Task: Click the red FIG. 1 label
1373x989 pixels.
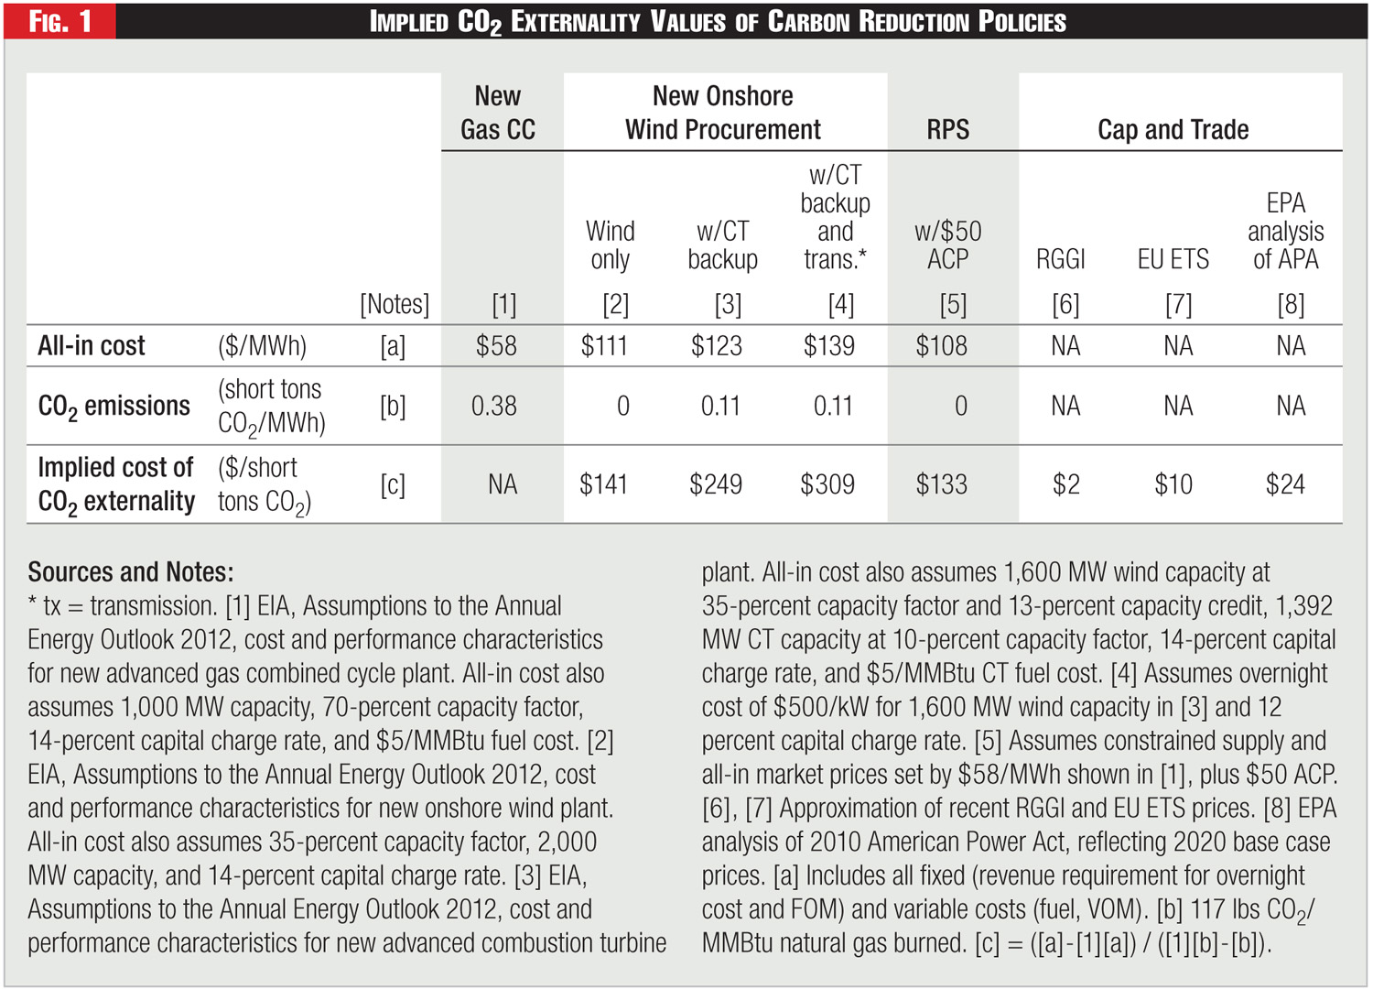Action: (x=60, y=21)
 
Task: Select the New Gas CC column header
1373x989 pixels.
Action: (x=498, y=113)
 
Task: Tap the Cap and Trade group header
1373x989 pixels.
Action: (x=1173, y=130)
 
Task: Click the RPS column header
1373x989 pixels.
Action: (x=947, y=130)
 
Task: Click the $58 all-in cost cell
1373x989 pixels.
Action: (x=496, y=346)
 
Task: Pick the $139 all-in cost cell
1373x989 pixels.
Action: (x=829, y=346)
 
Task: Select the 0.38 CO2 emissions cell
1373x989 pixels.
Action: (x=494, y=406)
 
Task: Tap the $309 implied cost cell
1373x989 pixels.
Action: (x=827, y=484)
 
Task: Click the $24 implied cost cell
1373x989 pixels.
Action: (x=1285, y=484)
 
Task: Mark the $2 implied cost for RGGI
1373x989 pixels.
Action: (x=1065, y=484)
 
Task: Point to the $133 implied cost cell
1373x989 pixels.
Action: (x=942, y=484)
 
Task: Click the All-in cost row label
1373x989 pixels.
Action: (x=92, y=346)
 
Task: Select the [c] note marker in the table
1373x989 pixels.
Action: (x=393, y=484)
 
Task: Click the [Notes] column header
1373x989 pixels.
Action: (x=395, y=304)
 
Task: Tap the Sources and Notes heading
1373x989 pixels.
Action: (x=131, y=572)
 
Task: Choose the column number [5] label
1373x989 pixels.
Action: (x=953, y=304)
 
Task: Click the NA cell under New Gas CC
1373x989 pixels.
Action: (x=503, y=484)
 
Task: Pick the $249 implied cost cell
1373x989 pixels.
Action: (x=716, y=484)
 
